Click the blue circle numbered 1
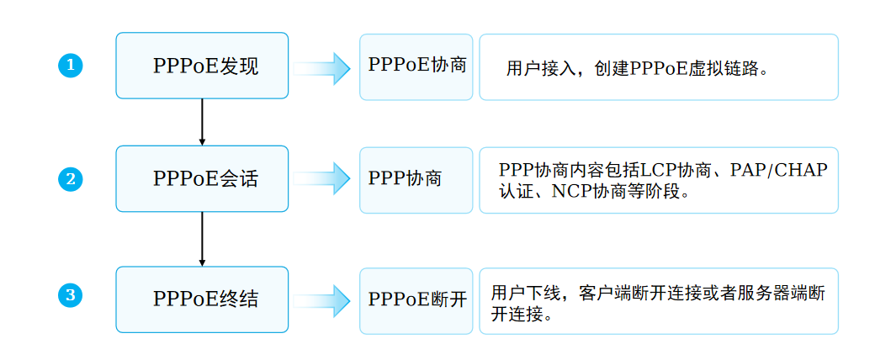[x=71, y=66]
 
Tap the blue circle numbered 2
[x=71, y=178]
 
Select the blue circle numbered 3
[x=71, y=295]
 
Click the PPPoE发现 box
[x=202, y=66]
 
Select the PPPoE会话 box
[x=202, y=178]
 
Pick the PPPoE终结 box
[x=202, y=299]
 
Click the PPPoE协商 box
[x=416, y=66]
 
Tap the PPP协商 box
[x=416, y=179]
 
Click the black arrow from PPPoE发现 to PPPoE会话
[x=202, y=121]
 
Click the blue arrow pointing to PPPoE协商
[x=323, y=67]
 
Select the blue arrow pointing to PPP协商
[x=323, y=178]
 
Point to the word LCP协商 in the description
[x=663, y=171]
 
